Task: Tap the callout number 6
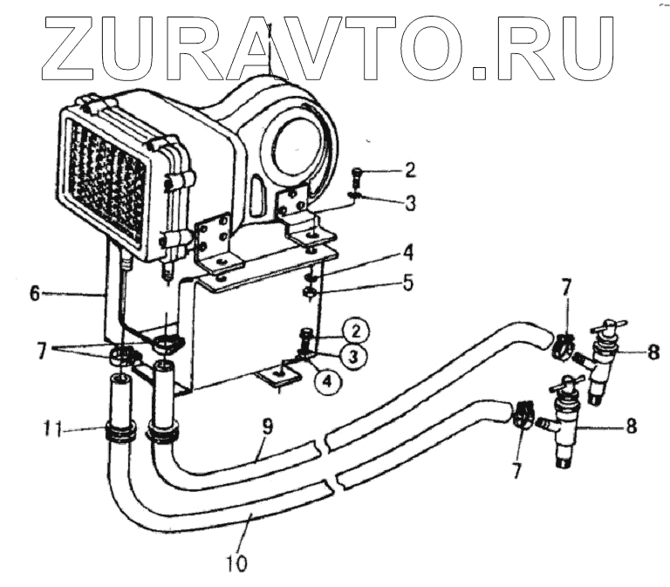(x=34, y=294)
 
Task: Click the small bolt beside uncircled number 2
(x=359, y=173)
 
